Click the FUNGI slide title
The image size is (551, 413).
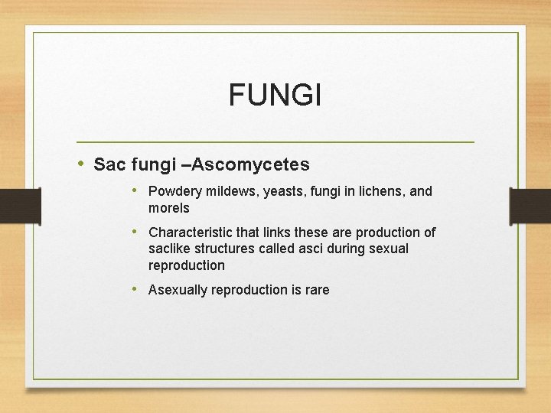click(x=275, y=96)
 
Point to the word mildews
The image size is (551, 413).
click(x=232, y=191)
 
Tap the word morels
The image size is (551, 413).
click(x=168, y=208)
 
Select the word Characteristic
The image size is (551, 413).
click(x=194, y=232)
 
